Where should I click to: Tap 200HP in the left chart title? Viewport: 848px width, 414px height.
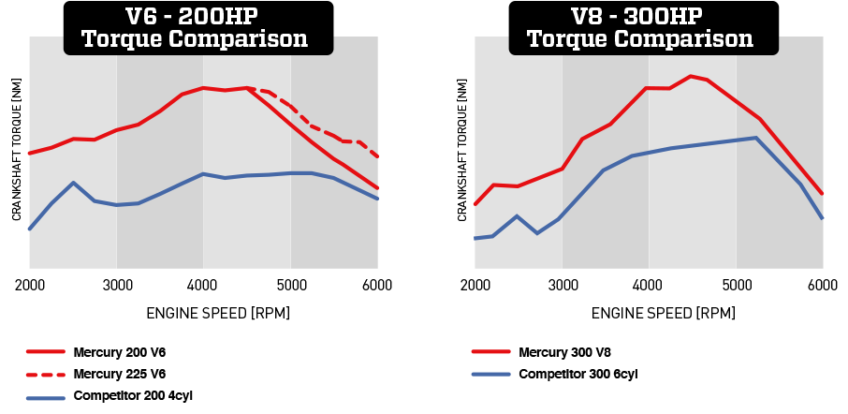221,17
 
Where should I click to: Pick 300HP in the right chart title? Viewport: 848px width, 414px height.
667,17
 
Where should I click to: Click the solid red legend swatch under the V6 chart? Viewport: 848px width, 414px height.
45,351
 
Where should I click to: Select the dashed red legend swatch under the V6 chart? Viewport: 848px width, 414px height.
45,374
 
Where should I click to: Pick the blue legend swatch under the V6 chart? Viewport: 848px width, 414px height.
45,397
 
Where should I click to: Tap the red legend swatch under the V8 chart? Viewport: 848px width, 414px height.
491,351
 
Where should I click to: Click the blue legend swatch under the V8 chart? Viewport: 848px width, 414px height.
491,374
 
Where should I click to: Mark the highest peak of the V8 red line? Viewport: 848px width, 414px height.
691,76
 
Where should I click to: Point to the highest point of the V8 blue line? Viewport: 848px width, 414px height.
755,138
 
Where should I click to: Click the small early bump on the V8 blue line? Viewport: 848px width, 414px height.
517,215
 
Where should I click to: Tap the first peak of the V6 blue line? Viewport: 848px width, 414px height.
73,183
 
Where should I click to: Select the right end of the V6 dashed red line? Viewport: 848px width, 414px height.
377,156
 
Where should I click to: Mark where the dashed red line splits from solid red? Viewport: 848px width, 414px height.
248,88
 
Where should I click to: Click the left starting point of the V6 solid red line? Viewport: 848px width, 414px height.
30,153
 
